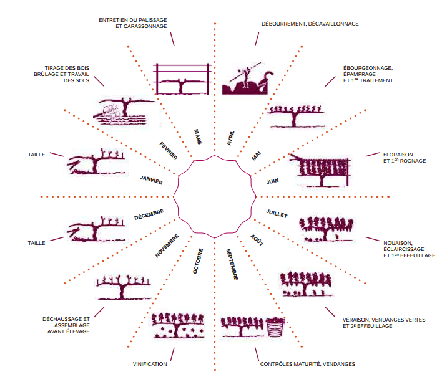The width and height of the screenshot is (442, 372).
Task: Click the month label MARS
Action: tap(198, 136)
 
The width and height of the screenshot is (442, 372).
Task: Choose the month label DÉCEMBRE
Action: tap(149, 214)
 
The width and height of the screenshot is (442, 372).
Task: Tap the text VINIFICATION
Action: tap(150, 364)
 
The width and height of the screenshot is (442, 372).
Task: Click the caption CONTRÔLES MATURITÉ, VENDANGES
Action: tap(308, 364)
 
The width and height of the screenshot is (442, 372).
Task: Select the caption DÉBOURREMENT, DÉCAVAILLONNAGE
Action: tap(310, 24)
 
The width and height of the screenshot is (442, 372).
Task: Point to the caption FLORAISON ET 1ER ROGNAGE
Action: tap(405, 158)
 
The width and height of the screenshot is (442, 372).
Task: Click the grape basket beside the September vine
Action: tap(274, 328)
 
